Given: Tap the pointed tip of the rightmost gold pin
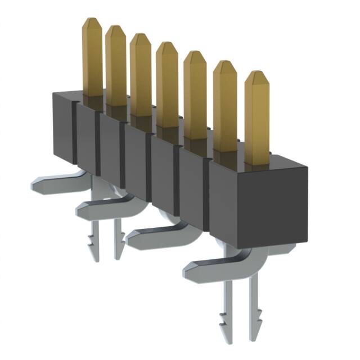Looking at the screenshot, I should coord(256,74).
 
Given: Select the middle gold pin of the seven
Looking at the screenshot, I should coord(167,84).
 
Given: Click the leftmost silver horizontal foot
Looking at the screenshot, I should coord(53,183).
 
